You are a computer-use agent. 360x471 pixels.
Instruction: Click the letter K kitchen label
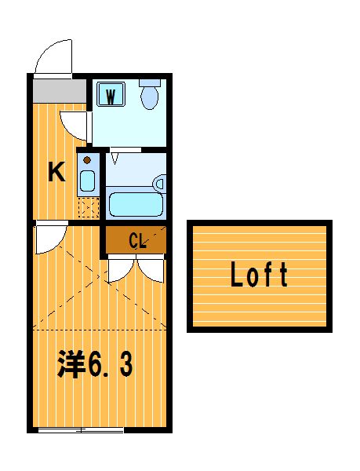pos(56,171)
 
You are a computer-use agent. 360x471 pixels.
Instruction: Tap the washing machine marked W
pos(111,93)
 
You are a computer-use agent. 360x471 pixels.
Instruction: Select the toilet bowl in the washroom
pos(149,97)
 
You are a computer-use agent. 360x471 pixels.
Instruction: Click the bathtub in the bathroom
pos(136,204)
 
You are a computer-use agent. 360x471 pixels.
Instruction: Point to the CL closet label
pos(138,241)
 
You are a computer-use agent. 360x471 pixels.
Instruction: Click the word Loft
pos(259,274)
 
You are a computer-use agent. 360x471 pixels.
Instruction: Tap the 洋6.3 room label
pos(95,363)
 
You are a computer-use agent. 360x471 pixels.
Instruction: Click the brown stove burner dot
pos(87,160)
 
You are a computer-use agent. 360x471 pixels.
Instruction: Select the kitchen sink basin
pos(87,181)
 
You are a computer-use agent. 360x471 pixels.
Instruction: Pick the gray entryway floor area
pos(60,91)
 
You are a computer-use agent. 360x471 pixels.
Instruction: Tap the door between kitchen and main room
pos(51,239)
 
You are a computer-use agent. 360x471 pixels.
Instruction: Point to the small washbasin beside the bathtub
pos(159,183)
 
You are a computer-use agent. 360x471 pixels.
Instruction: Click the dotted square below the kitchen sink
pos(89,207)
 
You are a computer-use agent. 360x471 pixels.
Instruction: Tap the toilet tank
pos(150,82)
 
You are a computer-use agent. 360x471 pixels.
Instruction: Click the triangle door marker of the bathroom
pos(115,159)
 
